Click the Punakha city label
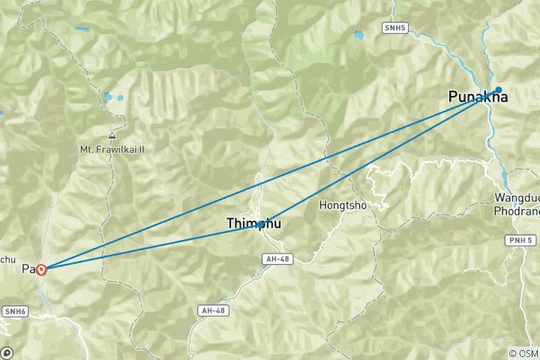(x=478, y=97)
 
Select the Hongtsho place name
(x=343, y=204)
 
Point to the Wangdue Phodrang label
(x=516, y=203)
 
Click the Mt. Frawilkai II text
(x=112, y=149)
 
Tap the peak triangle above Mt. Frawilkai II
(x=112, y=136)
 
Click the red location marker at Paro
(x=42, y=269)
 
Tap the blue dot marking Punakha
(x=498, y=90)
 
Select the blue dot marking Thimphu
(x=260, y=224)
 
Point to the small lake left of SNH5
(x=359, y=35)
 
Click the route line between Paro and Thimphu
(x=150, y=247)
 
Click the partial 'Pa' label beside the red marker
(x=28, y=268)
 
